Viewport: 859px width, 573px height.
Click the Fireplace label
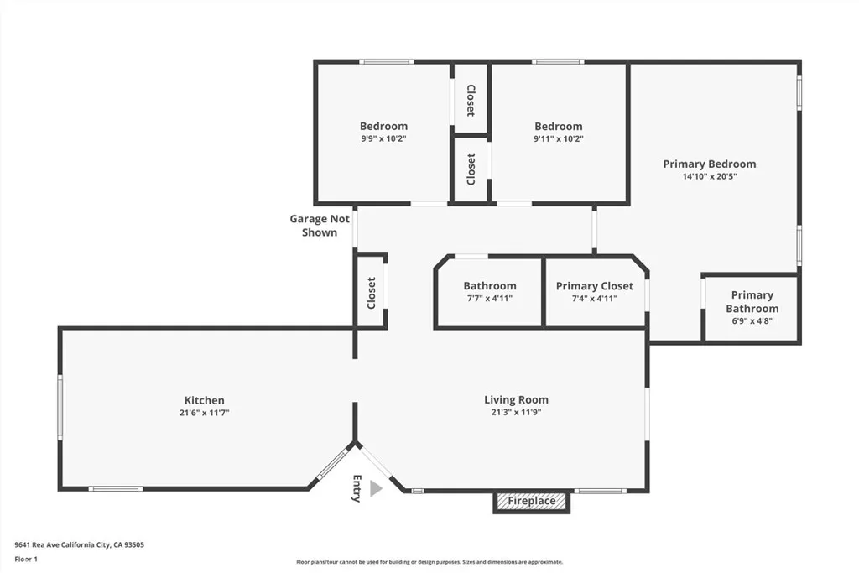(531, 501)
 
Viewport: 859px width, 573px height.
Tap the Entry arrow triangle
(375, 488)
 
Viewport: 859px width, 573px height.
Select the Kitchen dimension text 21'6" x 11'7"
(205, 413)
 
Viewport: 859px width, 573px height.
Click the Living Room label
(516, 400)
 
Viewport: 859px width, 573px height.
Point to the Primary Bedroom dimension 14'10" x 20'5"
(710, 176)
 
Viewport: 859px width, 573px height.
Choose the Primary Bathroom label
(752, 302)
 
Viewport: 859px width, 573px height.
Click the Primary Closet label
(595, 286)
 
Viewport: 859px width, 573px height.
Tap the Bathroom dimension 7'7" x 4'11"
(490, 299)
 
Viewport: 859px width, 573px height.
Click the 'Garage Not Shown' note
(320, 225)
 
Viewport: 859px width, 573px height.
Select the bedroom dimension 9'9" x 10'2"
(383, 138)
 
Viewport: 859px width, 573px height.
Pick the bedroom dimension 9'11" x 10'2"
(558, 138)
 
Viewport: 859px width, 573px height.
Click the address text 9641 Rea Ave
(37, 544)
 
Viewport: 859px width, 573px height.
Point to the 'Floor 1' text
(26, 560)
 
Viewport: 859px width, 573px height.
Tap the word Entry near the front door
(357, 488)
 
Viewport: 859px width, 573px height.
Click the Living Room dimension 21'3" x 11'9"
(516, 412)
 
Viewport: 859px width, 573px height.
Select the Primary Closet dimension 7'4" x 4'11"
(595, 299)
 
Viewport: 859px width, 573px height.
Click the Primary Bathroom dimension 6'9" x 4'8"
(752, 321)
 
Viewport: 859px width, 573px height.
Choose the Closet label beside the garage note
(372, 293)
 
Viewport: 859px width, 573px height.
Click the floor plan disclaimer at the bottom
(429, 562)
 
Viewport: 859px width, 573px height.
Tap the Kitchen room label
(205, 400)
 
